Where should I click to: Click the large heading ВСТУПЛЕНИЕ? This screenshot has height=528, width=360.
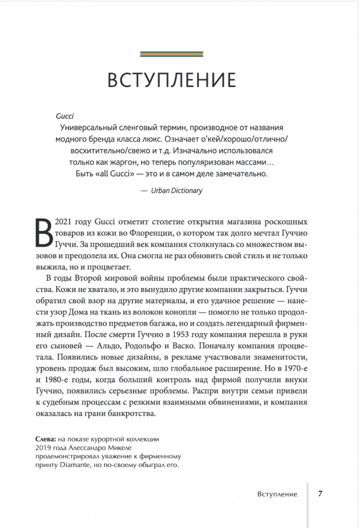pyautogui.click(x=172, y=79)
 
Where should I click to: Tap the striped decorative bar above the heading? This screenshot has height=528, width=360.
pyautogui.click(x=172, y=54)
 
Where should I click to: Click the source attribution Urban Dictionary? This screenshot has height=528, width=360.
pyautogui.click(x=176, y=191)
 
